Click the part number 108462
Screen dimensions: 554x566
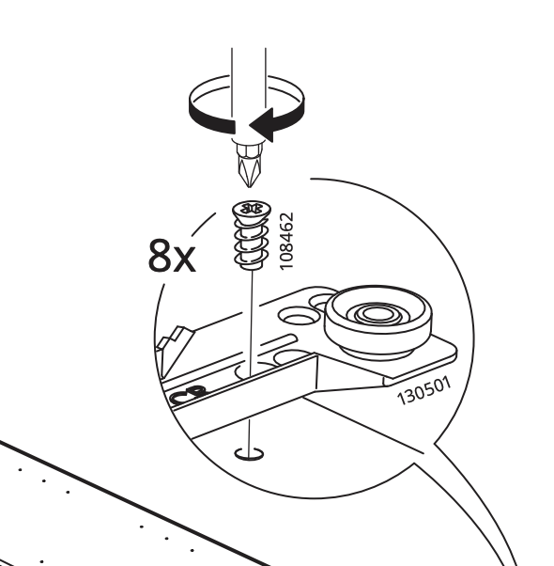pyautogui.click(x=287, y=241)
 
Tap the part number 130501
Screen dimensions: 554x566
pyautogui.click(x=423, y=390)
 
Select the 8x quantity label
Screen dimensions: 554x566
pyautogui.click(x=172, y=255)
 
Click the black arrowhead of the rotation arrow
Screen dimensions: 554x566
pyautogui.click(x=262, y=124)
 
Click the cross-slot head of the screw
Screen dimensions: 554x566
pyautogui.click(x=252, y=210)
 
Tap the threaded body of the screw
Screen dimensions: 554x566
pyautogui.click(x=252, y=244)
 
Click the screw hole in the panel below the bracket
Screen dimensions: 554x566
pyautogui.click(x=249, y=454)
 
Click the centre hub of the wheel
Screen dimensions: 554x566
pyautogui.click(x=377, y=313)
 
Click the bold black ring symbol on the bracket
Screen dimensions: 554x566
pyautogui.click(x=188, y=394)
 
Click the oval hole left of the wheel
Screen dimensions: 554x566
pyautogui.click(x=299, y=316)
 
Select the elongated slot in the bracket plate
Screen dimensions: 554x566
pyautogui.click(x=278, y=342)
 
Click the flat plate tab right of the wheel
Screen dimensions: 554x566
pyautogui.click(x=425, y=361)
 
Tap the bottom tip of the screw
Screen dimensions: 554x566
pyautogui.click(x=252, y=268)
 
